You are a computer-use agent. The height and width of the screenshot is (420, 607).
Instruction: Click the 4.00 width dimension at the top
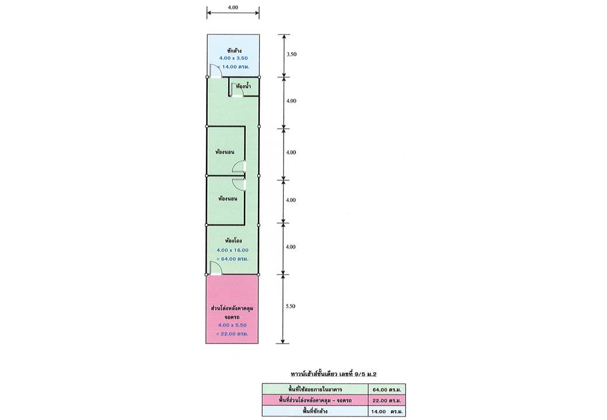233,7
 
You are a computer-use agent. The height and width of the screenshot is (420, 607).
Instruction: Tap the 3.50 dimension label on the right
291,54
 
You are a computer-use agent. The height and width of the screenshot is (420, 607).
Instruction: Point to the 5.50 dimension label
290,306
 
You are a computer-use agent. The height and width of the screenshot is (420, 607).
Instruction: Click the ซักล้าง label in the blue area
234,50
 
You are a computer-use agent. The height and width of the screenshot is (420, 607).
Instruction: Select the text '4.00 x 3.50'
233,58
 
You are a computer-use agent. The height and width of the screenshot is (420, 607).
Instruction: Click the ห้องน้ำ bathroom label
243,86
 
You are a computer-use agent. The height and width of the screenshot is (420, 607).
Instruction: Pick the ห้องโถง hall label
233,240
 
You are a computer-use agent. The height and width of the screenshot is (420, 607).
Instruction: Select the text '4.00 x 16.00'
233,250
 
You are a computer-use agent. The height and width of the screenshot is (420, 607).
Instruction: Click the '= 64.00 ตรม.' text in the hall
232,259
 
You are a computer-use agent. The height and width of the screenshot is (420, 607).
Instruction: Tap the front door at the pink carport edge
215,268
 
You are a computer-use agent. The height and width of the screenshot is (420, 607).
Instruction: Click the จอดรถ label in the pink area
232,317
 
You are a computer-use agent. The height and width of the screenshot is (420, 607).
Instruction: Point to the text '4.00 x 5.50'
232,325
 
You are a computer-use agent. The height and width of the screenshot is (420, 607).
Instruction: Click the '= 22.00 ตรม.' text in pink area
232,334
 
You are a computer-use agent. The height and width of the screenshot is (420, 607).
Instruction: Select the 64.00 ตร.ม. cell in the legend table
386,390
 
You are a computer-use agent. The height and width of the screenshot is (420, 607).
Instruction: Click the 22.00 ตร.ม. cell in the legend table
386,400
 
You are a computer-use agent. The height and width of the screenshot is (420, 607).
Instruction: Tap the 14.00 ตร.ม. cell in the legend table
386,411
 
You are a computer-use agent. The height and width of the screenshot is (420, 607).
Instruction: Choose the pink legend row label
315,400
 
